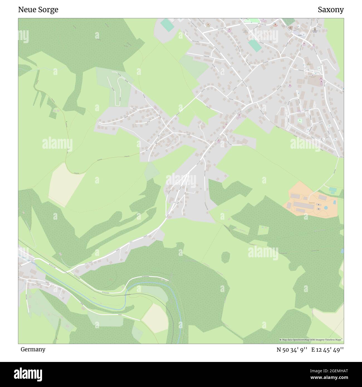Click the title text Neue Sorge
click(38, 10)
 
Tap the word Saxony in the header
click(331, 10)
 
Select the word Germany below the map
click(33, 349)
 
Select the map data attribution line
click(311, 340)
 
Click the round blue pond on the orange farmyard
click(326, 207)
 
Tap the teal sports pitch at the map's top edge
click(167, 25)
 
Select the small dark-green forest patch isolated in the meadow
click(226, 257)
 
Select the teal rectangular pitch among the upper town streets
click(255, 46)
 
